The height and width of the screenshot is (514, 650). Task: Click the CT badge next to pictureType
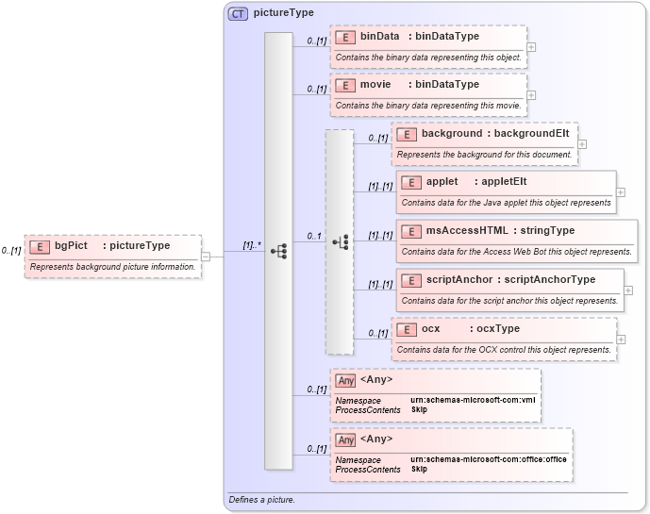tap(239, 13)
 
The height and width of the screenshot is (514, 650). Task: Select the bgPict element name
tap(71, 246)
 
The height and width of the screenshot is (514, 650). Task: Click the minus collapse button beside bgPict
tap(206, 256)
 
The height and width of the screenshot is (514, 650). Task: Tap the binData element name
tap(379, 37)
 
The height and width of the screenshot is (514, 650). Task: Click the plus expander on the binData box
tap(531, 46)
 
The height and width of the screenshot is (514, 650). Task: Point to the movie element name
tap(375, 85)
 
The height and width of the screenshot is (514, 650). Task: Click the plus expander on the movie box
tap(531, 94)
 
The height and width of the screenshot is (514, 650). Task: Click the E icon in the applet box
tap(410, 182)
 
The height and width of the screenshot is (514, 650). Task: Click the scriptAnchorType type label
tap(550, 280)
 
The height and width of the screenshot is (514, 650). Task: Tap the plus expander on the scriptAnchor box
tap(628, 290)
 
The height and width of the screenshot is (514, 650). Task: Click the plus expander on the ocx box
tap(621, 339)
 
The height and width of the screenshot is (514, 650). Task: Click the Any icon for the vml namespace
tap(346, 380)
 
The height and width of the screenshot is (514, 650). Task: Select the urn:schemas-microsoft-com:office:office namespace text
tap(489, 459)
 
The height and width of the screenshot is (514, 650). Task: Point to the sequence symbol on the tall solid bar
tap(278, 251)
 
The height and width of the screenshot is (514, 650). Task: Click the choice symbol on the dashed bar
tap(341, 242)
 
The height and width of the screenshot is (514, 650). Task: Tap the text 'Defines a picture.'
tap(261, 499)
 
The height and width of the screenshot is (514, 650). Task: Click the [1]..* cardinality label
tap(252, 245)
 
